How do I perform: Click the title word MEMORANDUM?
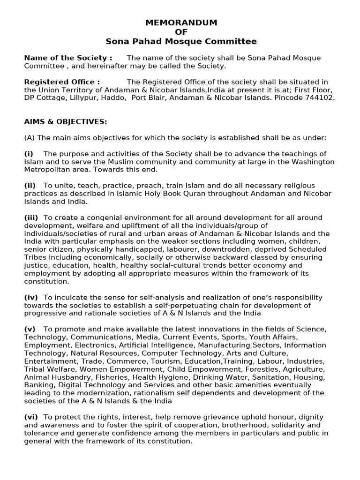click(x=181, y=22)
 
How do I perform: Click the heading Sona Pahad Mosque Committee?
click(x=181, y=41)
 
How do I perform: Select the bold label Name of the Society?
click(x=68, y=58)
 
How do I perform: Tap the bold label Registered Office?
click(x=62, y=82)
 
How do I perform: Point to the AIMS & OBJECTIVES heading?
click(x=66, y=122)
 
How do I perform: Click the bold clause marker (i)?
click(x=28, y=154)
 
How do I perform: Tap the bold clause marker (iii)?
click(x=31, y=217)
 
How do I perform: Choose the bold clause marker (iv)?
click(x=31, y=297)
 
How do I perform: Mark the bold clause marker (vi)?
click(x=31, y=417)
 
